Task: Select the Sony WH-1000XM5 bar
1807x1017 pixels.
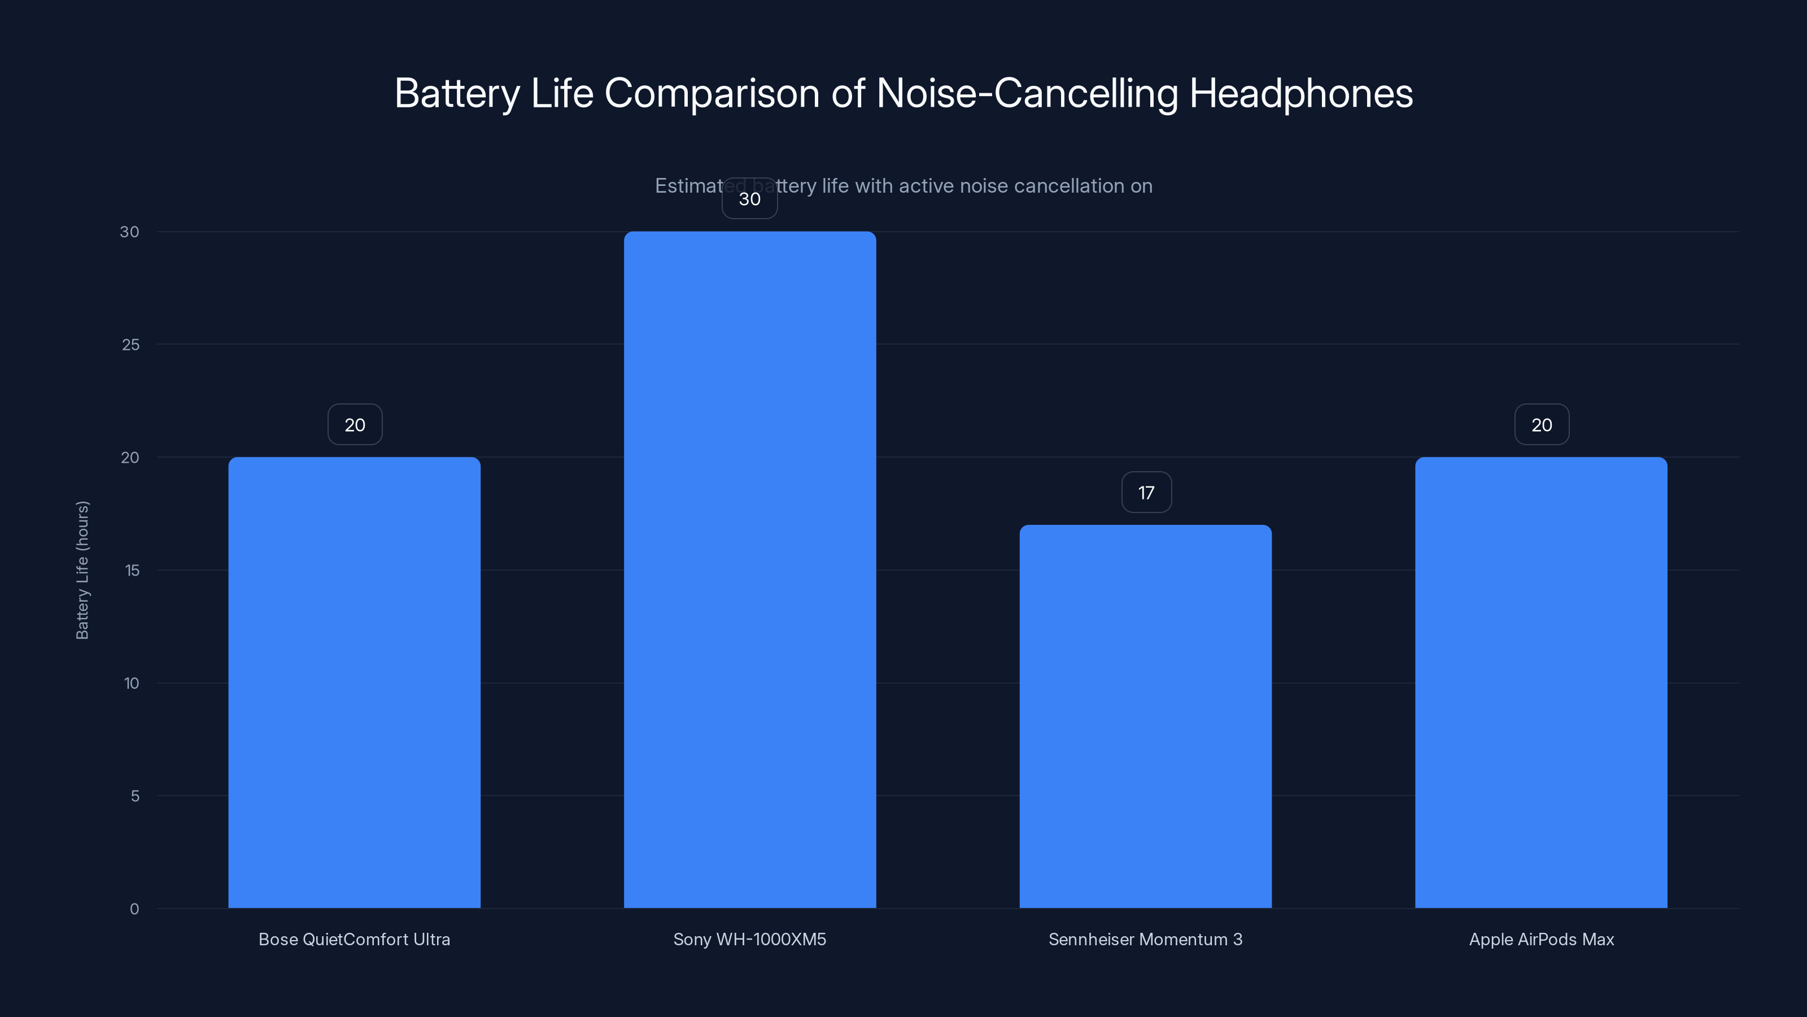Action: [750, 569]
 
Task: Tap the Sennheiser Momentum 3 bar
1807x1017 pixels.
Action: [1146, 716]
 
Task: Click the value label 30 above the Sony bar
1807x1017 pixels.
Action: [750, 199]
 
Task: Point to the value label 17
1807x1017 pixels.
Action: [1146, 493]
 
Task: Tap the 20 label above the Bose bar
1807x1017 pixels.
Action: [355, 425]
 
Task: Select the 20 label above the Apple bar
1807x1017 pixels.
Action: [1542, 425]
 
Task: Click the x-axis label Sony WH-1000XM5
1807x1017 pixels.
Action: [750, 939]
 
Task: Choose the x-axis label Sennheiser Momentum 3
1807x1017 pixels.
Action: [1146, 939]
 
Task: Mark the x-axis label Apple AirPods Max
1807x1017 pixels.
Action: [1541, 939]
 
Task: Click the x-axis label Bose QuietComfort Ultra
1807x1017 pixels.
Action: [354, 939]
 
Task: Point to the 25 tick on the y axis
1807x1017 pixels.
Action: [130, 345]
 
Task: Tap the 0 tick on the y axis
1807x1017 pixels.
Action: [134, 909]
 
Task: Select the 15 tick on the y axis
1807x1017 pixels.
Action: [132, 571]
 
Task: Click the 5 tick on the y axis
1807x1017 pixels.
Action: [135, 796]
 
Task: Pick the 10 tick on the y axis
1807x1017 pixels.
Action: [131, 684]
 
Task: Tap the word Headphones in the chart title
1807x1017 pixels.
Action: [1300, 93]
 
